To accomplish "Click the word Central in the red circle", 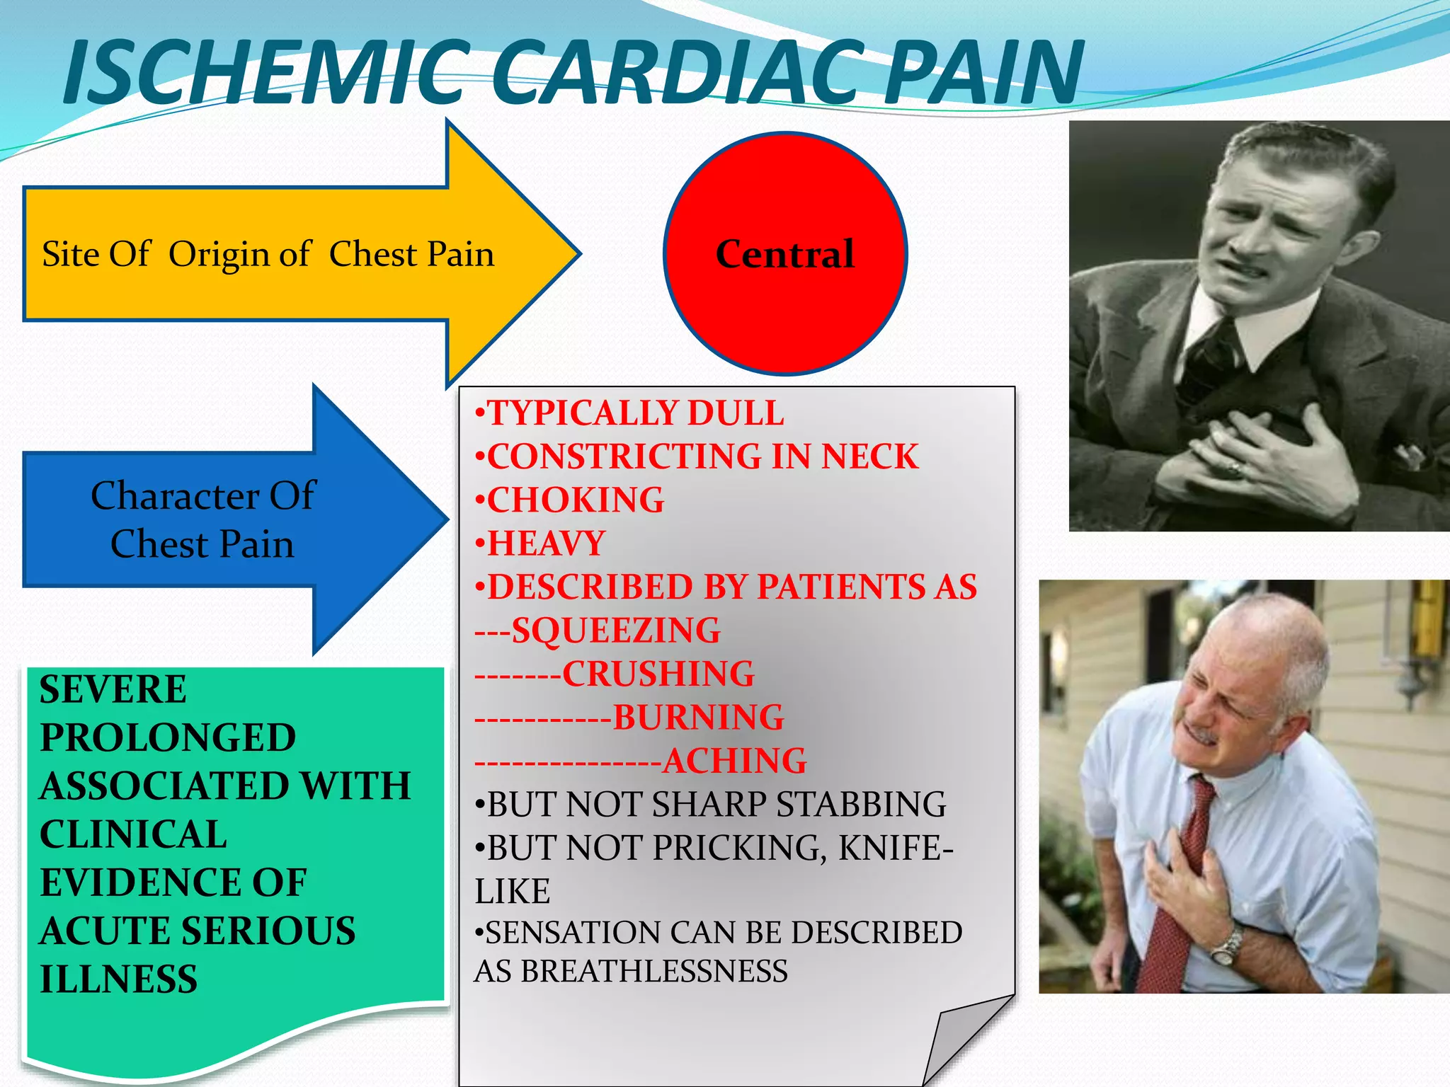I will (x=784, y=254).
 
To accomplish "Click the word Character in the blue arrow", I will (x=174, y=495).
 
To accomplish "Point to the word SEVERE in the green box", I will (x=113, y=689).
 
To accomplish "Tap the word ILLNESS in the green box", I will (x=118, y=979).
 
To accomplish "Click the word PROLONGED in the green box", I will (x=168, y=737).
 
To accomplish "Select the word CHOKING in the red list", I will (x=576, y=500).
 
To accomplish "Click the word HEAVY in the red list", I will (x=546, y=543).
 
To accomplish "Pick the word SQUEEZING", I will (x=616, y=631).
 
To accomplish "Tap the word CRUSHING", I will (x=658, y=674).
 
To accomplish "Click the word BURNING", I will (x=699, y=718).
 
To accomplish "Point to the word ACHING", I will (x=734, y=761).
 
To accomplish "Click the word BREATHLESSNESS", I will (x=655, y=972).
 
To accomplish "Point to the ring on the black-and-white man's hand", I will (x=1235, y=468).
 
